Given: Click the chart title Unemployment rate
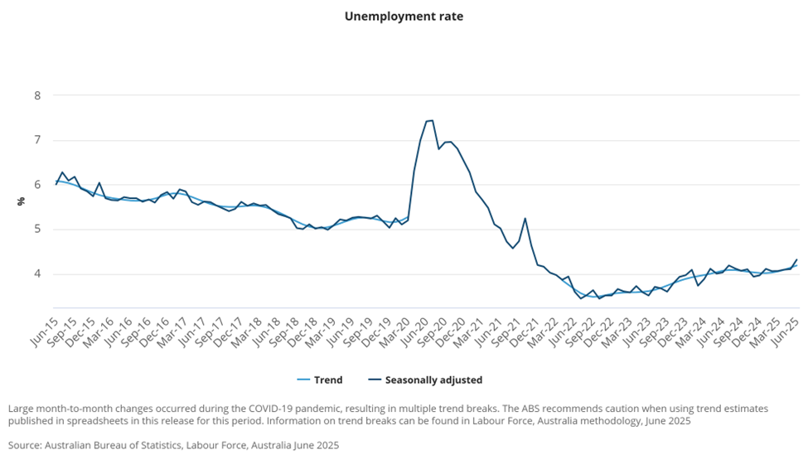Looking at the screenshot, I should point(404,16).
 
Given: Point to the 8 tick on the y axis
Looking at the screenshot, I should point(37,95).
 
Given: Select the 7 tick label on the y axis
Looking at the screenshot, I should point(37,140).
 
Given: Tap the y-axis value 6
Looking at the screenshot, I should point(37,185).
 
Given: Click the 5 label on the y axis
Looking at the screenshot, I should point(37,230).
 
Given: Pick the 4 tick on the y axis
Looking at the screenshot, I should point(37,274).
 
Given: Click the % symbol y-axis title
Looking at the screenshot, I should point(21,201).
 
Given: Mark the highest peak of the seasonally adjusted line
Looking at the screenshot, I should point(431,120).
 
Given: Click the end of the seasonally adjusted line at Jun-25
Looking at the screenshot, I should point(797,259).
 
